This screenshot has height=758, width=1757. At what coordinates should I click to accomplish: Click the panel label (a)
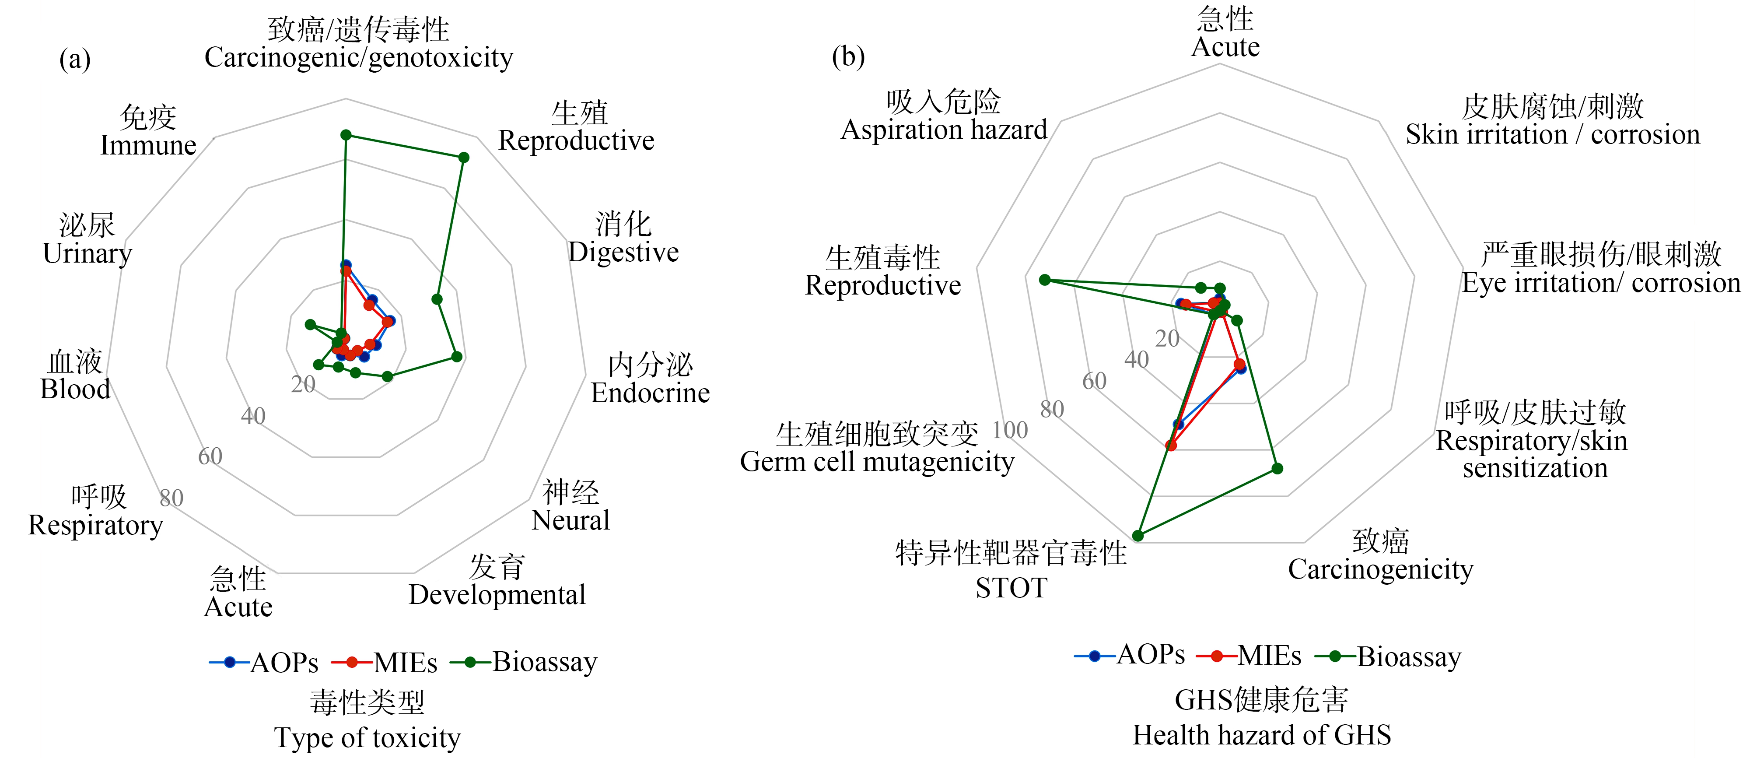point(75,60)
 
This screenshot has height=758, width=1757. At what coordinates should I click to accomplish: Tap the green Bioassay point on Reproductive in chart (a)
point(464,158)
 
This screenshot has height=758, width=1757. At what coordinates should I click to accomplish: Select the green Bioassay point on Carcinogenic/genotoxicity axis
point(346,135)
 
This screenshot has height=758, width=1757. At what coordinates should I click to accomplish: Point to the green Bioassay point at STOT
point(1137,536)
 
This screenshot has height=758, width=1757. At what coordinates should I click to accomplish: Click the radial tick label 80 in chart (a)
point(171,498)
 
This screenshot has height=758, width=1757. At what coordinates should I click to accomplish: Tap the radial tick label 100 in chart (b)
point(1009,430)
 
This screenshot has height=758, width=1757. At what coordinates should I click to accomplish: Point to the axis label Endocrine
point(650,393)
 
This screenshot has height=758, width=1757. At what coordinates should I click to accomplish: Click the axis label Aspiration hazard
point(944,130)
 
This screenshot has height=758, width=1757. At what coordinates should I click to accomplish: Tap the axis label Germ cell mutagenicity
point(877,462)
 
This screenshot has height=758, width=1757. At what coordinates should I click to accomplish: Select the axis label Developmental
point(497,595)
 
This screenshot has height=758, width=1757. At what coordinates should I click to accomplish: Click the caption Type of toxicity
point(367,737)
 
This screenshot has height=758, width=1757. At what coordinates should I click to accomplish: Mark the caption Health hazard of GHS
point(1262,735)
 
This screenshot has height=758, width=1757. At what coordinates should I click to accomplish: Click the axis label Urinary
point(87,253)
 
